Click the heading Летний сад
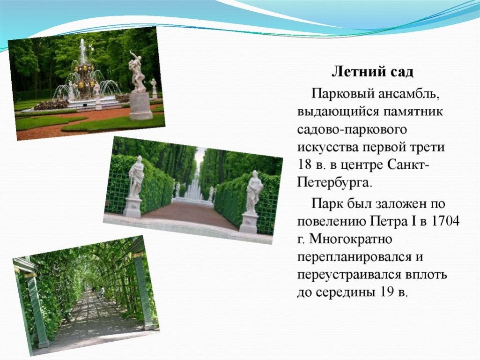373,72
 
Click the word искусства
328,147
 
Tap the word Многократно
350,239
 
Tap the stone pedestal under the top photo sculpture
140,105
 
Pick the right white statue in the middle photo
253,192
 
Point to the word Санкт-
408,165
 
